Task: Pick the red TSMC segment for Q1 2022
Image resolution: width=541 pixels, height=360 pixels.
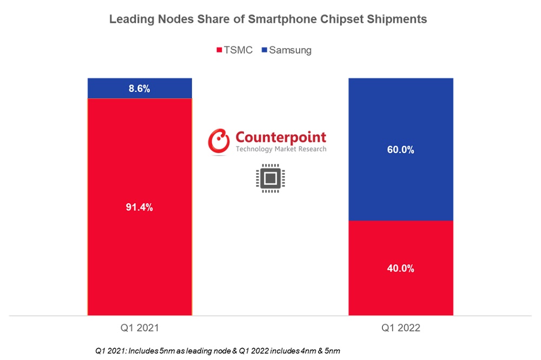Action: tap(400, 292)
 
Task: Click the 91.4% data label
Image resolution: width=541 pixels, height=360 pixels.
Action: tap(140, 207)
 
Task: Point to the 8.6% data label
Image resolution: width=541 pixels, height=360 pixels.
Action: tap(140, 89)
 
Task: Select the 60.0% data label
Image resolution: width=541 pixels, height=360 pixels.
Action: tap(401, 150)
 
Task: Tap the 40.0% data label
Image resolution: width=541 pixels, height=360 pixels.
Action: tap(401, 268)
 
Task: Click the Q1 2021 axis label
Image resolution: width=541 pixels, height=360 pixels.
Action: tap(140, 328)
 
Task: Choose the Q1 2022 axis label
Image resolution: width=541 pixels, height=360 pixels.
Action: tap(401, 328)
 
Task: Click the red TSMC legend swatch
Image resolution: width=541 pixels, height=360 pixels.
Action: tap(220, 50)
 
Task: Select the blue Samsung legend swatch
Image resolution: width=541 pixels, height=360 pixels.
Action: tap(264, 50)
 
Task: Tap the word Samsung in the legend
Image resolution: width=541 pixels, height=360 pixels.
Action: tap(290, 50)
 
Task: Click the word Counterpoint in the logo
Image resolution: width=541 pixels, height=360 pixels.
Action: tap(281, 137)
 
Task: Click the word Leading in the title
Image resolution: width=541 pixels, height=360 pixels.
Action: tap(130, 19)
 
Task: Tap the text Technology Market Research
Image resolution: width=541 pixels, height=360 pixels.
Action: tap(281, 149)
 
